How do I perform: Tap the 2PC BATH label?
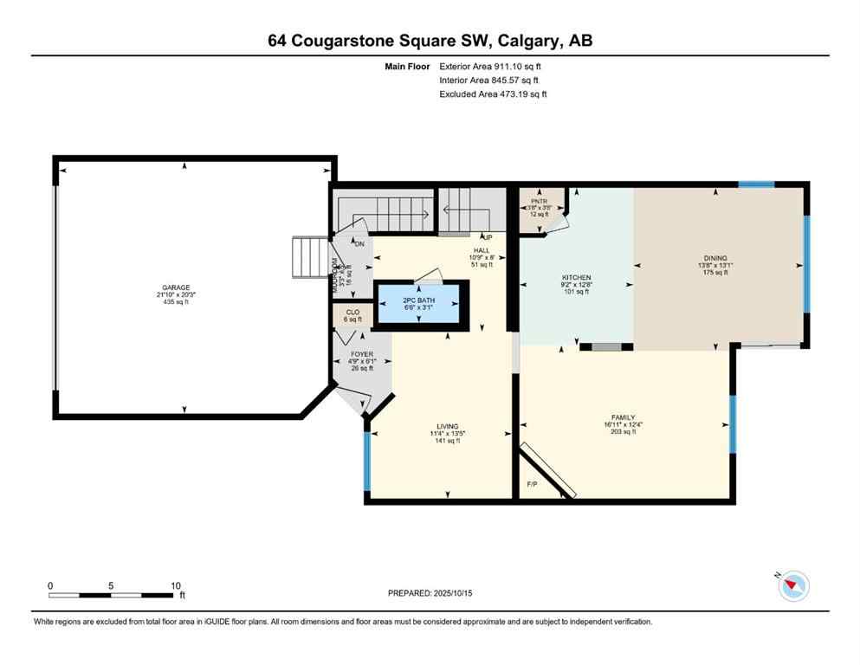tap(419, 300)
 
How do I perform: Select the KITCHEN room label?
tap(575, 278)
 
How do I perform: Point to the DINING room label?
tap(715, 257)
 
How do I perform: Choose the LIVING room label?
tap(447, 426)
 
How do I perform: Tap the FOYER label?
tap(361, 354)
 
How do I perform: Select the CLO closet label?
tap(352, 312)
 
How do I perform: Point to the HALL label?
tap(482, 250)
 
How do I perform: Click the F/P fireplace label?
tap(532, 484)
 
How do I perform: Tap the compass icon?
tap(793, 586)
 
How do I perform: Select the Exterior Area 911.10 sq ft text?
tap(494, 66)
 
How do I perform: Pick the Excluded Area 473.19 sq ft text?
tap(494, 94)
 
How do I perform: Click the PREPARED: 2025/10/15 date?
tap(430, 593)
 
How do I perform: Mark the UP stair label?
tap(488, 236)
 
